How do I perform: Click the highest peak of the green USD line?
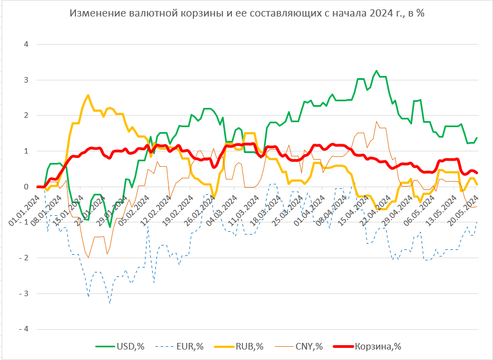coord(376,71)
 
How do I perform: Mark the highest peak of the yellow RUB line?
coord(88,95)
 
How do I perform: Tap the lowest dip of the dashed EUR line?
coord(110,303)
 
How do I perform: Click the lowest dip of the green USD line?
coord(110,227)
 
